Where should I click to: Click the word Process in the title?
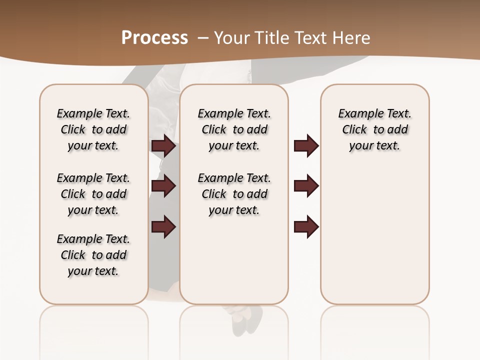[x=154, y=37]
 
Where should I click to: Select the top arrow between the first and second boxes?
[x=163, y=146]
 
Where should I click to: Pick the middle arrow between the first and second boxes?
[x=163, y=186]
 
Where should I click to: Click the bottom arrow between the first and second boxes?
[x=163, y=227]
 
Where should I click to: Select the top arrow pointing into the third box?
[x=306, y=146]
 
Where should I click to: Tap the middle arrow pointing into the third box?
[x=306, y=186]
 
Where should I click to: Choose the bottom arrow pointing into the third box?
[x=306, y=227]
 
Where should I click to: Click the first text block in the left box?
[x=93, y=129]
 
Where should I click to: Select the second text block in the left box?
[x=93, y=194]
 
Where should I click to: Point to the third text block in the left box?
[x=93, y=255]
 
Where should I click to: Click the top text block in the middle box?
[x=234, y=129]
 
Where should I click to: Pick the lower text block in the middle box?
[x=234, y=194]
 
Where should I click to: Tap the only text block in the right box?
[x=374, y=129]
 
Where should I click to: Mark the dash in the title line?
[x=203, y=37]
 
